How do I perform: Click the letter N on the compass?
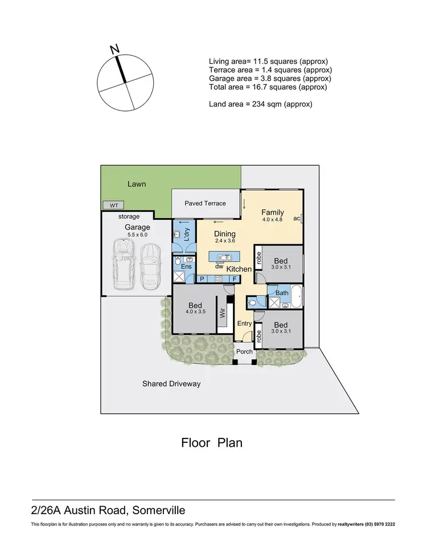point(114,50)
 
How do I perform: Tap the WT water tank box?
point(110,205)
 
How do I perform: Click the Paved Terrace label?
point(205,203)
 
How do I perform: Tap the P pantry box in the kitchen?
point(202,278)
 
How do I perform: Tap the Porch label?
point(245,351)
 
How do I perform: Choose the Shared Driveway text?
point(171,384)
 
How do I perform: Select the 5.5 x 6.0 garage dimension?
point(137,234)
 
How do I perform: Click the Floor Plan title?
point(212,442)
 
